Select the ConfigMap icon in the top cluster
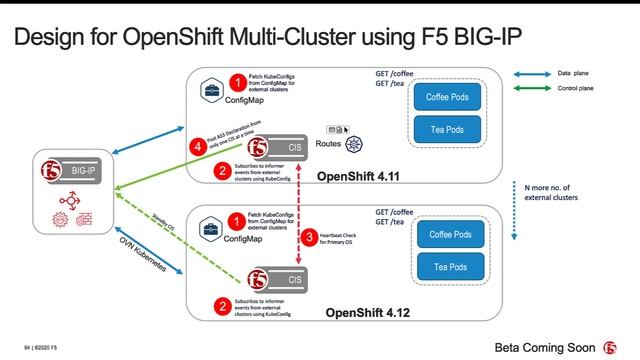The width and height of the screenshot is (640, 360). click(x=211, y=89)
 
